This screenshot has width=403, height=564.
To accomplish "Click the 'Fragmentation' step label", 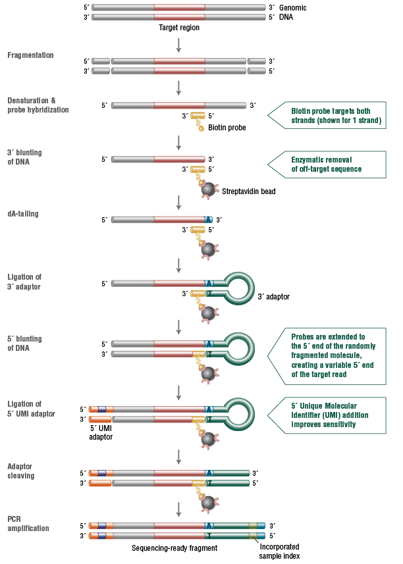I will pos(30,55).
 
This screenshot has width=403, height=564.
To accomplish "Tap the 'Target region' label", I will pos(178,28).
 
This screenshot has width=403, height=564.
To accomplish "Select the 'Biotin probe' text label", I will pos(227,128).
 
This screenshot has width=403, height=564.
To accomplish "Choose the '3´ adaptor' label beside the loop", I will pos(273,297).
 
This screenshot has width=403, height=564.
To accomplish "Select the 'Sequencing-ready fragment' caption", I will pos(175,548).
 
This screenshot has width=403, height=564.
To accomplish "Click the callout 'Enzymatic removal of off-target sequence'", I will pos(327,164).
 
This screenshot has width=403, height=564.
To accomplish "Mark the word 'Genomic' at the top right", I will pos(293,8).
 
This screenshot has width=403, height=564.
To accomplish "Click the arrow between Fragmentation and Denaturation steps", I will pos(179,88).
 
